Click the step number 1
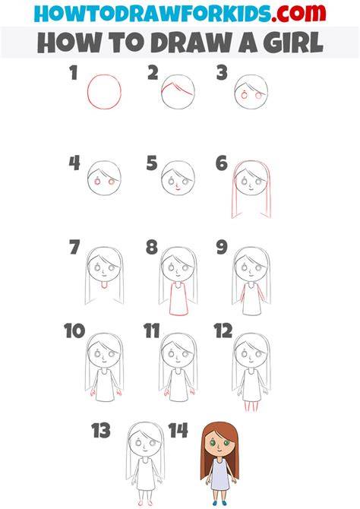74,73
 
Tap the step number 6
222,163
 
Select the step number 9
222,247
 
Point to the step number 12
223,330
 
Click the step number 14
178,431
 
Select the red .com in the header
298,14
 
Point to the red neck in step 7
104,286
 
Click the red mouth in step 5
177,188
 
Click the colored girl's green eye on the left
213,442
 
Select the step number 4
74,163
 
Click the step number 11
152,330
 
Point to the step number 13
101,431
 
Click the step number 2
153,73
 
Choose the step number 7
74,247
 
